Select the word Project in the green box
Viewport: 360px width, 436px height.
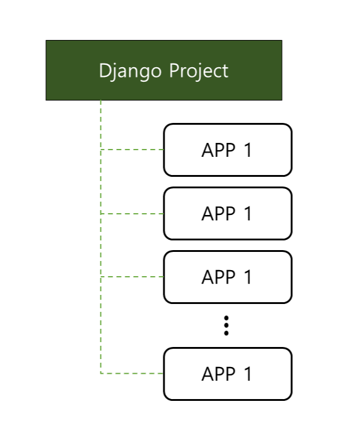[198, 71]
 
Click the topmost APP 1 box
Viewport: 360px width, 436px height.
[227, 150]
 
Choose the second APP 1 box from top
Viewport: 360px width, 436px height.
[227, 213]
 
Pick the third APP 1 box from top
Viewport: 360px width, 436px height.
[227, 277]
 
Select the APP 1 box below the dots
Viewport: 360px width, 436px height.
[227, 374]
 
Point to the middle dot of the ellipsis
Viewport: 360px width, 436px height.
[226, 326]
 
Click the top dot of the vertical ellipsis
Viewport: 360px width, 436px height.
[226, 319]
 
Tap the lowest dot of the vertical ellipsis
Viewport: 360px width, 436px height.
[226, 333]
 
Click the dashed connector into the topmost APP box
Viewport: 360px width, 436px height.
[132, 149]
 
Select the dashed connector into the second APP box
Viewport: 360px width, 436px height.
[132, 213]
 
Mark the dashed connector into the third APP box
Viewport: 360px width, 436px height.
[132, 277]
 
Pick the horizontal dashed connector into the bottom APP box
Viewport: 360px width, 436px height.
[132, 374]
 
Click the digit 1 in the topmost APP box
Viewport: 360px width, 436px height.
[247, 150]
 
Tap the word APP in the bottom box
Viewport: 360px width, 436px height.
[218, 374]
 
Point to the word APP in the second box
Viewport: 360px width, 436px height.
[218, 214]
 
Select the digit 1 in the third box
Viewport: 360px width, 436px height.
[247, 277]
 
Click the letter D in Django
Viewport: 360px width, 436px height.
[104, 71]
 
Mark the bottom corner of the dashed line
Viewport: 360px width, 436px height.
[100, 374]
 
